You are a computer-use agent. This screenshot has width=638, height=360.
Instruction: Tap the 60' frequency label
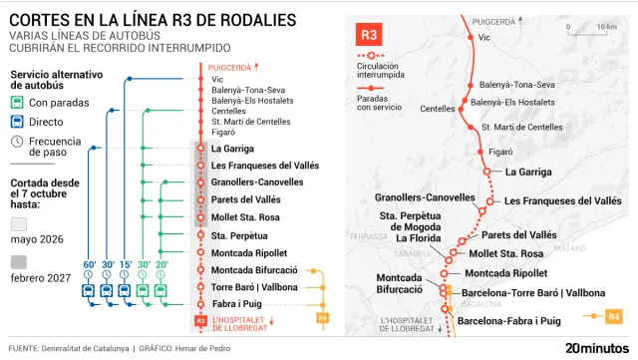[x=89, y=264]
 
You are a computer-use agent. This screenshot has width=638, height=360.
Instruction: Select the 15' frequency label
[x=125, y=264]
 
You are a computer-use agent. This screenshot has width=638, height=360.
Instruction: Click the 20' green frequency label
[x=160, y=264]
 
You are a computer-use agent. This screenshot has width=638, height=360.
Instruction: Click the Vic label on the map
[x=485, y=37]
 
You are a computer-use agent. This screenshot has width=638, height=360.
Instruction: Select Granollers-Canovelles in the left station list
[x=257, y=182]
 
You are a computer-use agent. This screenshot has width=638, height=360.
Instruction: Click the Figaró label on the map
[x=500, y=152]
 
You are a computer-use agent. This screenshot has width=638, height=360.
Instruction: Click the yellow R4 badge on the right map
[x=613, y=317]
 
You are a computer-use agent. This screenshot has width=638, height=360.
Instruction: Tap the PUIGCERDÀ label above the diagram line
[x=230, y=67]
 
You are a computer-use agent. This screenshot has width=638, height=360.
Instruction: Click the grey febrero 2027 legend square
[x=19, y=261]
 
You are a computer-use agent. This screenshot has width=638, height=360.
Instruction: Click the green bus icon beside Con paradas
[x=18, y=103]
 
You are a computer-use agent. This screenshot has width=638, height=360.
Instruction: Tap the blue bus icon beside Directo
[x=18, y=122]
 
